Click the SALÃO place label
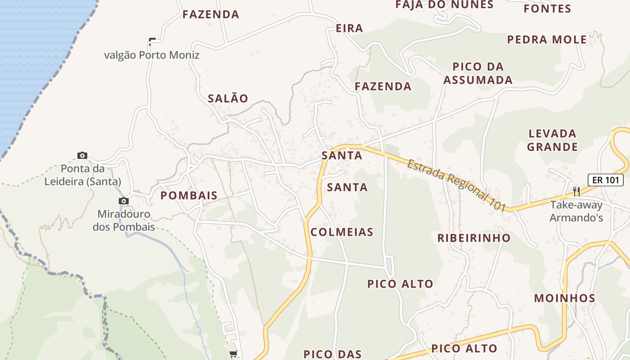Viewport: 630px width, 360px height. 228,99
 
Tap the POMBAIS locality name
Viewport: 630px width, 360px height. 189,196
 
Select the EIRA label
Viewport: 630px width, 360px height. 349,28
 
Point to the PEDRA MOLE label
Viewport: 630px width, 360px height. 547,40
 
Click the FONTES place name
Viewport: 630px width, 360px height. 548,9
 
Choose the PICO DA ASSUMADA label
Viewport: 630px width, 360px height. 478,73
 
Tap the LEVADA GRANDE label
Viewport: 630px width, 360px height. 553,140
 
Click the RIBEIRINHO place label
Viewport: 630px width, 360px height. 474,238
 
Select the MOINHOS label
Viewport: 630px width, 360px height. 565,298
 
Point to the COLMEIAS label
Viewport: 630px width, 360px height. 342,232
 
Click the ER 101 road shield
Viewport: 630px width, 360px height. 606,180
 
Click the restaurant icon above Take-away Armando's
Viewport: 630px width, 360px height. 576,192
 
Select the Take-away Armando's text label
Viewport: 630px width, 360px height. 576,211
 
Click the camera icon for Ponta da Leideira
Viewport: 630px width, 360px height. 82,155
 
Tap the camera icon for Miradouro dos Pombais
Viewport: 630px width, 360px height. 124,201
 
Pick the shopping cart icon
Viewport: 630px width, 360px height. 233,354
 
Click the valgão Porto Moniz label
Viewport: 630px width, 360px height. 152,55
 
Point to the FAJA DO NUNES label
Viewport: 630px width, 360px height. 445,5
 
